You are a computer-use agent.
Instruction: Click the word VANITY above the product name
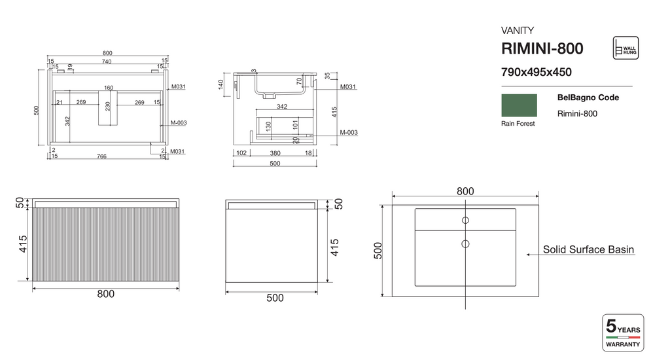[518, 30]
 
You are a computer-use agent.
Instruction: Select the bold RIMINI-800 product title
[542, 48]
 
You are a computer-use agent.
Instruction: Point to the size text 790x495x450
[536, 73]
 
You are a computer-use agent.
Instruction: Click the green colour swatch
[519, 105]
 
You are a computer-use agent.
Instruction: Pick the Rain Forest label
[518, 124]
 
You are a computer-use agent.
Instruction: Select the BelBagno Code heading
[588, 98]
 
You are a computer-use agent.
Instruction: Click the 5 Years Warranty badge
[623, 333]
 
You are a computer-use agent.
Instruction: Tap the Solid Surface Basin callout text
[588, 249]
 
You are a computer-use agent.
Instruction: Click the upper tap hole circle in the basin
[465, 220]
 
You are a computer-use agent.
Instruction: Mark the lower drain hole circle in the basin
[465, 244]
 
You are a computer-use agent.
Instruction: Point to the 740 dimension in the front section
[106, 62]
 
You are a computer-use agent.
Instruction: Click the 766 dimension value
[102, 156]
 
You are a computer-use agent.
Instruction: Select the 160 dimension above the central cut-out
[109, 88]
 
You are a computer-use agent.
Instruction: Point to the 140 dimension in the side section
[221, 84]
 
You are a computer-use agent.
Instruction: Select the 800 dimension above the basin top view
[465, 191]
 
